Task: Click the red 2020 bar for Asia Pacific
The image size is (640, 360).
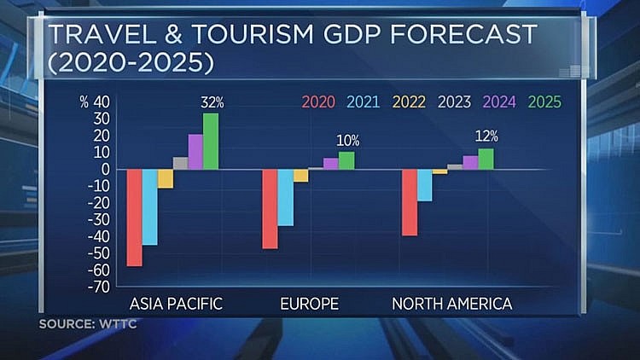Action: tap(134, 218)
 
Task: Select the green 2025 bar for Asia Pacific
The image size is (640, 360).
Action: tap(210, 142)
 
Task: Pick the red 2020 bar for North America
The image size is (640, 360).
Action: tap(409, 202)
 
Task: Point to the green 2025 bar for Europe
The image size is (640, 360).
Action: tap(346, 160)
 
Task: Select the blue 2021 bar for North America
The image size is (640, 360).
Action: tap(424, 185)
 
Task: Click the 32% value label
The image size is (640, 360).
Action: tap(212, 102)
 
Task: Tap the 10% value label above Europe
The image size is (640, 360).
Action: tap(347, 141)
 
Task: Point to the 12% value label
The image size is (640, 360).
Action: tap(487, 136)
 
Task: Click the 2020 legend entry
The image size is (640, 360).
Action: tap(317, 102)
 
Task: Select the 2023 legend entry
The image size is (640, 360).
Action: tap(453, 102)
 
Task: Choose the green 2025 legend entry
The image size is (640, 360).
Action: tap(544, 102)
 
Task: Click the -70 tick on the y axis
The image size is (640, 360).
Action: tap(101, 287)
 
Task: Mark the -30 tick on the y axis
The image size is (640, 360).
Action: tap(101, 219)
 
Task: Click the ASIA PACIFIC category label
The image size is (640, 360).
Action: tap(176, 304)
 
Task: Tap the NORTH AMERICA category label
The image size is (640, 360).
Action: tap(451, 304)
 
